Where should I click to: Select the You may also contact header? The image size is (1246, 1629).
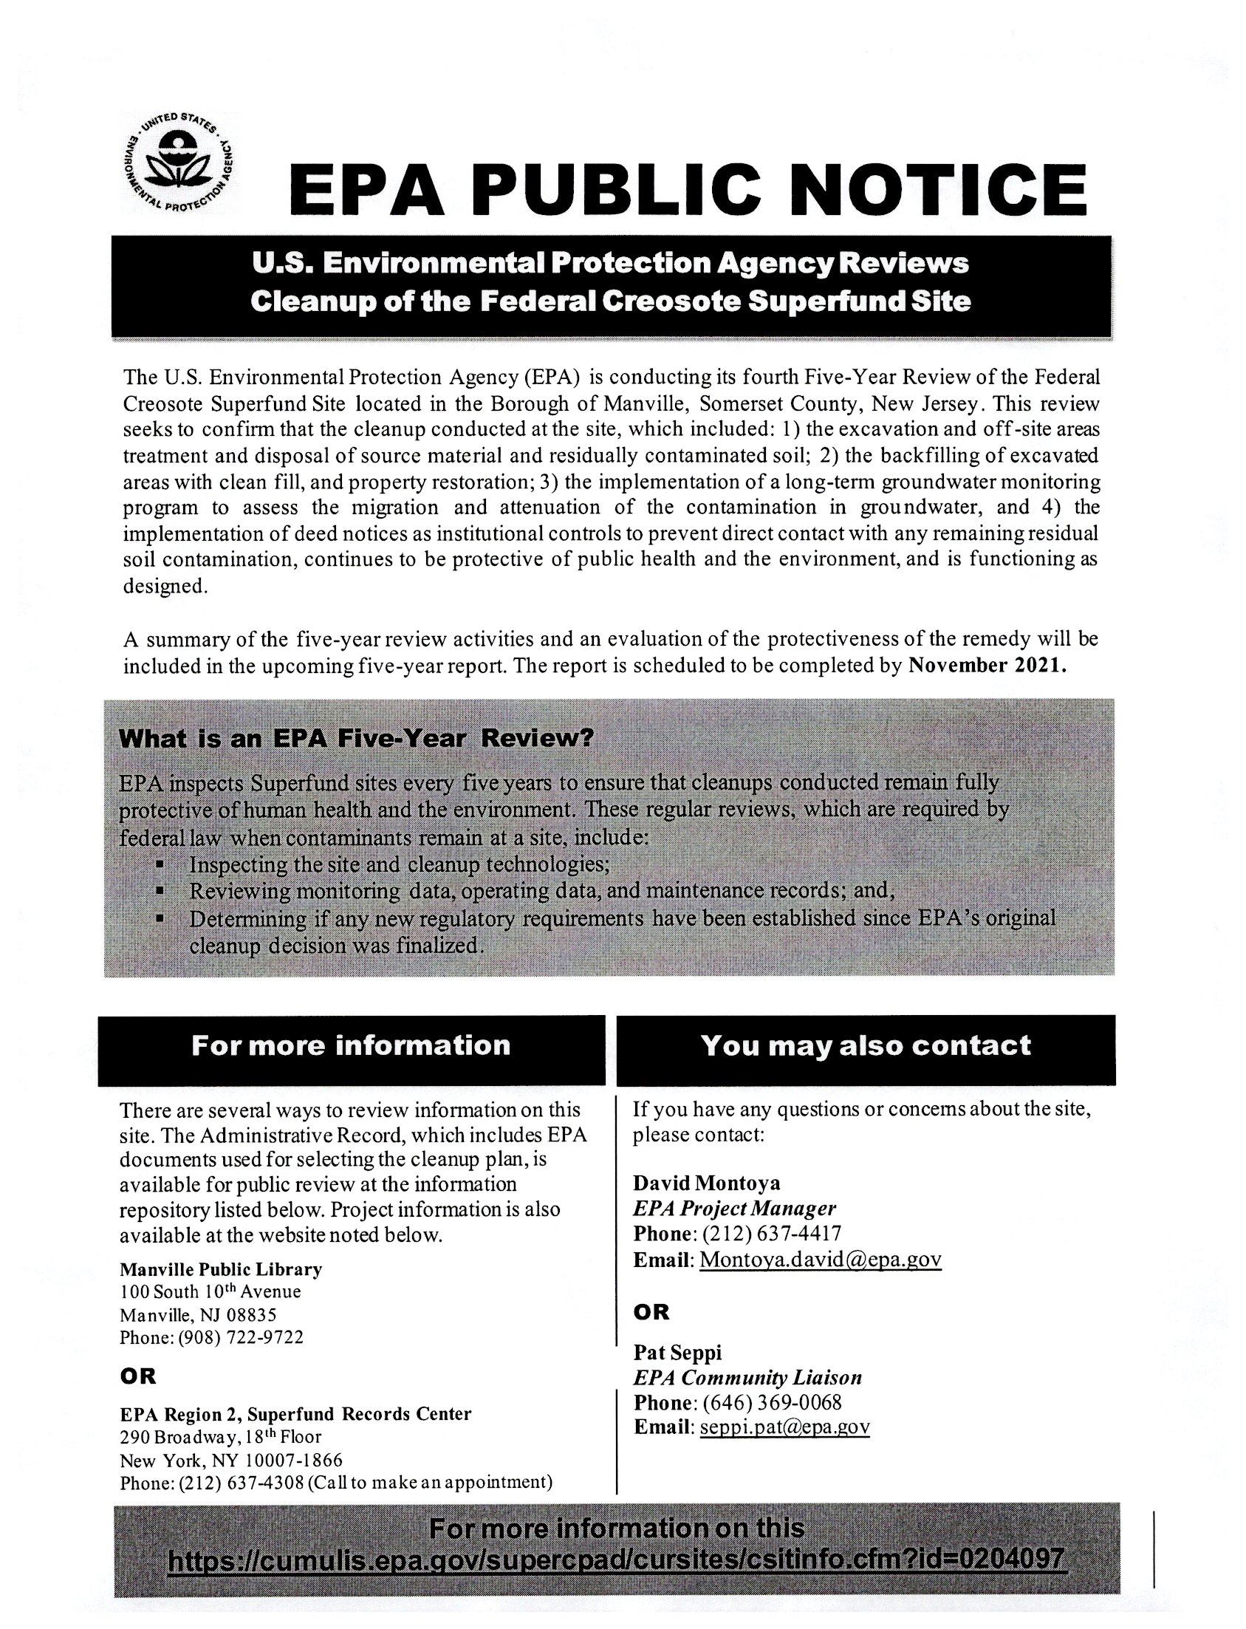click(x=866, y=1046)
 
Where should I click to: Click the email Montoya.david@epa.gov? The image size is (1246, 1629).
click(x=821, y=1260)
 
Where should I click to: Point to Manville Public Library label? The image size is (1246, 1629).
click(x=221, y=1268)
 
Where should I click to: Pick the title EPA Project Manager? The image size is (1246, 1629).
click(x=734, y=1209)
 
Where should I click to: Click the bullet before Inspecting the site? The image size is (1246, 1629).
click(x=160, y=865)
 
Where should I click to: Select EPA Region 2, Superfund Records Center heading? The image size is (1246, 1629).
click(x=295, y=1413)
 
